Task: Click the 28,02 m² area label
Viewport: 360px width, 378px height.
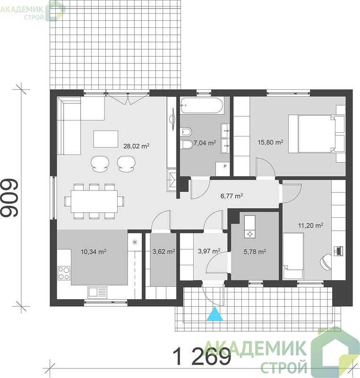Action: point(137,146)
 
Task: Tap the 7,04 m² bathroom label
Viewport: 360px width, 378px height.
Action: point(205,143)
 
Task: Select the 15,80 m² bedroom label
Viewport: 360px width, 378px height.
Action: point(270,142)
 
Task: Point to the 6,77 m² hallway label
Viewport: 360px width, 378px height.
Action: point(231,196)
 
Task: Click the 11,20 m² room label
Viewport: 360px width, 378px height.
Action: point(310,225)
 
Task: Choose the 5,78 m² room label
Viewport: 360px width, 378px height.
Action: point(255,252)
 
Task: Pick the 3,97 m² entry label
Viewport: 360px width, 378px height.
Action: point(209,251)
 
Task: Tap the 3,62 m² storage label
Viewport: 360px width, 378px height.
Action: point(163,251)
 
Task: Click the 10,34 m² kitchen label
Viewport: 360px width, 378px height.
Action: point(94,252)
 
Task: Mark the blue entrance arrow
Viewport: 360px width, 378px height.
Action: point(214,315)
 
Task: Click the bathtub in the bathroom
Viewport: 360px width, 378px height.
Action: point(201,105)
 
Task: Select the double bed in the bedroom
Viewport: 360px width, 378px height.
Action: point(317,134)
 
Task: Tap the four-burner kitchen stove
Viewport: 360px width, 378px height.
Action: point(64,273)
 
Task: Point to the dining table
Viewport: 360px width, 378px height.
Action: point(94,201)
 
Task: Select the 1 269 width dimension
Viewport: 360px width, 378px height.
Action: point(202,357)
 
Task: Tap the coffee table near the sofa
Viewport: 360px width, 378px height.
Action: point(105,139)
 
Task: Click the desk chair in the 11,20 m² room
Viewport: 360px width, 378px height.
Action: point(326,262)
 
